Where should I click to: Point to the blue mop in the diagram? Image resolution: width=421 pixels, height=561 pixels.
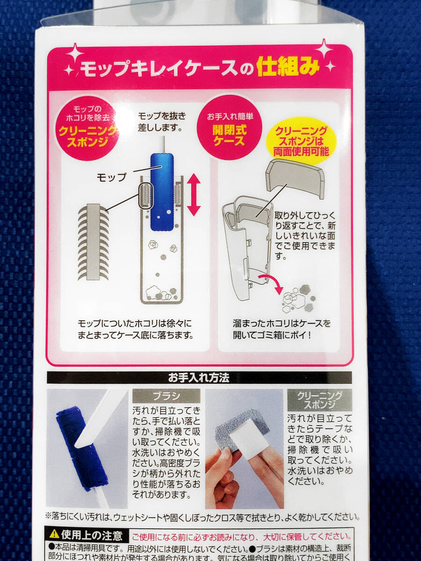coord(162,192)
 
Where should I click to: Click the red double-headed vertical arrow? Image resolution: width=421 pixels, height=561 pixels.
coord(194,194)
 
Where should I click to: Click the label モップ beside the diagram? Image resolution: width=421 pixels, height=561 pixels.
coord(111,178)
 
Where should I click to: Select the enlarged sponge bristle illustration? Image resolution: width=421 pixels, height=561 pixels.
coord(94,242)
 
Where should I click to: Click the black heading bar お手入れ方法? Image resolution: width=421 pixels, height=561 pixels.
coord(199,378)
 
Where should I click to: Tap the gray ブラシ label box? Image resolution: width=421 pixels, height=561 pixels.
coord(166,396)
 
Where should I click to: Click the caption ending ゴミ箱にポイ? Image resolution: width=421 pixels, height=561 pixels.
coord(282,329)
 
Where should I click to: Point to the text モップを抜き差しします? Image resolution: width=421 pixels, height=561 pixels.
coord(161,121)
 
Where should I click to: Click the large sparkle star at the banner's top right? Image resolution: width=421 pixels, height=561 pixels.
coord(324,49)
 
